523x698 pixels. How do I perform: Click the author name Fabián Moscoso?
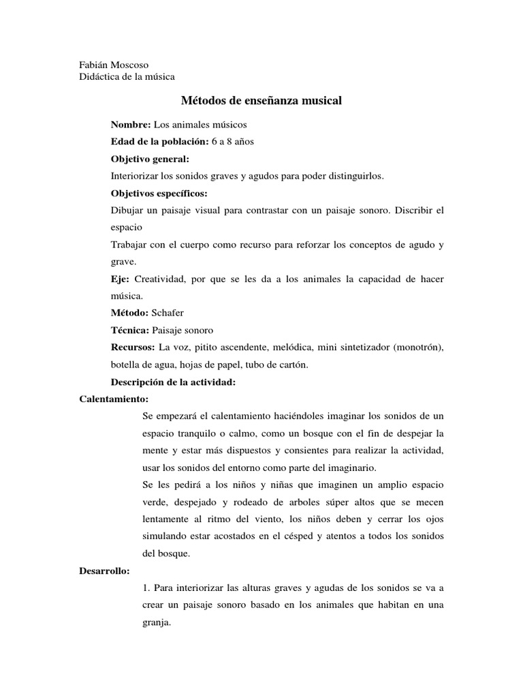point(114,65)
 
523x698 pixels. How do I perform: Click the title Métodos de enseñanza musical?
point(261,101)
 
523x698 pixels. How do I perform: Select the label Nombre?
point(131,125)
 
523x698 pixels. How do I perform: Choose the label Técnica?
point(130,331)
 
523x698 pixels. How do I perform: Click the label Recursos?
point(133,348)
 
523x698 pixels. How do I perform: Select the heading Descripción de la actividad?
point(173,382)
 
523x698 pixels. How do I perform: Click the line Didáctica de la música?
point(127,77)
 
